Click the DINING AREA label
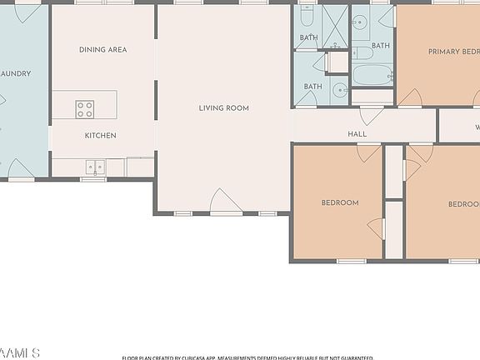point(102,50)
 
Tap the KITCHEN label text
point(101,135)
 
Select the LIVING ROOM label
point(223,108)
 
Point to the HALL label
point(357,133)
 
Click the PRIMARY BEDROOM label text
point(453,52)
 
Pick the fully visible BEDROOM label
point(340,202)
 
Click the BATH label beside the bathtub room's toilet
point(381,46)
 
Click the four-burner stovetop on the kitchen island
point(85,109)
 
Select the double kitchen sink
point(94,167)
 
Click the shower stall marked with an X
point(335,25)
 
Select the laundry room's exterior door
point(20,170)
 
